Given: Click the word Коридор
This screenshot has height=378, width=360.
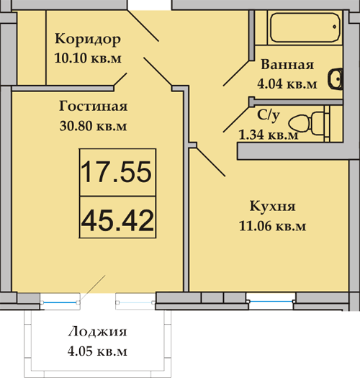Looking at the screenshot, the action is point(88,39).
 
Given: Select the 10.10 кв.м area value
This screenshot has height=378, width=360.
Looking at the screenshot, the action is point(88,58).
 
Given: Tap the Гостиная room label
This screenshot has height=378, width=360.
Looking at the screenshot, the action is point(94,106).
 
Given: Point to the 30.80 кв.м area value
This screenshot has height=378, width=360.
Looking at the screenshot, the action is point(93,125).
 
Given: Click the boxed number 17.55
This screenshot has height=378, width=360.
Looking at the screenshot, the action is point(117,172).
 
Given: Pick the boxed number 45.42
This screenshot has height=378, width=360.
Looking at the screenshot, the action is point(117,220).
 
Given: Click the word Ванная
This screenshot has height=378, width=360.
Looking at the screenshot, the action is point(287,65).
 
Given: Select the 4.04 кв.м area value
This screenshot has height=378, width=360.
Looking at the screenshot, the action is point(287,84).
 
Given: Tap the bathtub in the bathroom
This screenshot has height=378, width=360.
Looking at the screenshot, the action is point(305,28).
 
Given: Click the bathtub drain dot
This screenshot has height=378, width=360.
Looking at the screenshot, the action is point(335,27).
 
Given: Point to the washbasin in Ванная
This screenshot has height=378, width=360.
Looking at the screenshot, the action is point(336,79).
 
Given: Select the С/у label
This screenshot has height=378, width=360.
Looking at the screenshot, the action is point(269,115).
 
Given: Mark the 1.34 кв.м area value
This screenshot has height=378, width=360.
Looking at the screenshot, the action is point(269,135).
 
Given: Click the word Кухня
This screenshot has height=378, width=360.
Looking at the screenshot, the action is point(272,207).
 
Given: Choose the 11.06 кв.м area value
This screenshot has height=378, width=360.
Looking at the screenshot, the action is point(272,226).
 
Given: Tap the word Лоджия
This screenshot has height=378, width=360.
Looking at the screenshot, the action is point(97,331).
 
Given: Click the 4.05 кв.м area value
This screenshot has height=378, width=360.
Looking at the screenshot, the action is point(97,351).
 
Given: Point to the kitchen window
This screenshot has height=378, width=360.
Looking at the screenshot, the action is point(271,302).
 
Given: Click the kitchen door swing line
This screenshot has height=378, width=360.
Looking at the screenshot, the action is point(210,162).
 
